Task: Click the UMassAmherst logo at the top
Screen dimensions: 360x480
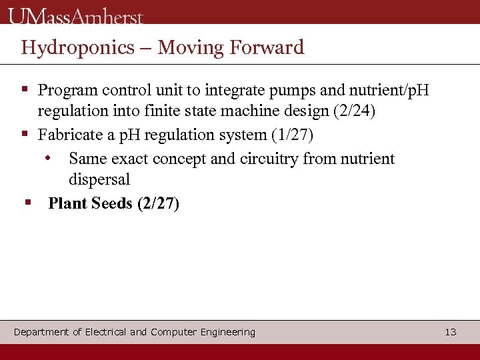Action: point(76,15)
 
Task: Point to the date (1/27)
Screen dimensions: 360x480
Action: point(292,135)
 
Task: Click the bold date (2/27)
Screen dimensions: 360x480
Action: point(158,203)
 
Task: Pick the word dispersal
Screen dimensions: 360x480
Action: point(99,179)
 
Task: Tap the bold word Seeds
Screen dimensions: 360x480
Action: point(111,203)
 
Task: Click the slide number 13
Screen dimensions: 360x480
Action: point(451,332)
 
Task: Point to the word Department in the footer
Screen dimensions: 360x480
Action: point(41,332)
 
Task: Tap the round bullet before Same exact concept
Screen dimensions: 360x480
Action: point(48,159)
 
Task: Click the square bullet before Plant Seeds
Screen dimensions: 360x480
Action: point(27,201)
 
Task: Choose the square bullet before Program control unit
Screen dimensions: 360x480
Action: point(25,88)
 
